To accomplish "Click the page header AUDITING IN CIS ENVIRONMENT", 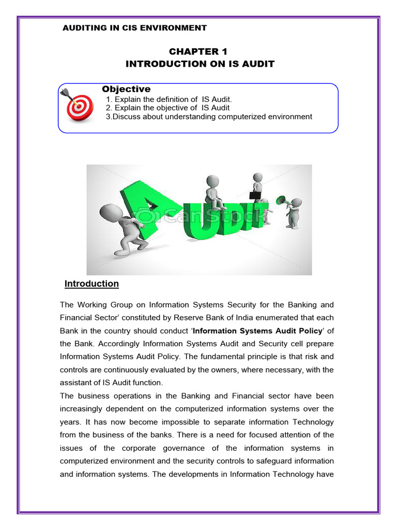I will pyautogui.click(x=134, y=28).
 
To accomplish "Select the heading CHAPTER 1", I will pyautogui.click(x=198, y=52).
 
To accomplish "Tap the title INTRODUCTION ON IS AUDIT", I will pyautogui.click(x=200, y=64).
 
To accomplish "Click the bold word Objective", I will pyautogui.click(x=126, y=90).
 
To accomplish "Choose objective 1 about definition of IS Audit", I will pyautogui.click(x=169, y=99).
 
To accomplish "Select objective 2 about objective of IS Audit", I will pyautogui.click(x=167, y=108).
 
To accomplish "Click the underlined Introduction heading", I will pyautogui.click(x=91, y=284).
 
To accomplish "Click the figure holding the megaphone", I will pyautogui.click(x=294, y=212).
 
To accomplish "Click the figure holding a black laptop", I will pyautogui.click(x=257, y=187).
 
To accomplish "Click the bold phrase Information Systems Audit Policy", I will pyautogui.click(x=257, y=331).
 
